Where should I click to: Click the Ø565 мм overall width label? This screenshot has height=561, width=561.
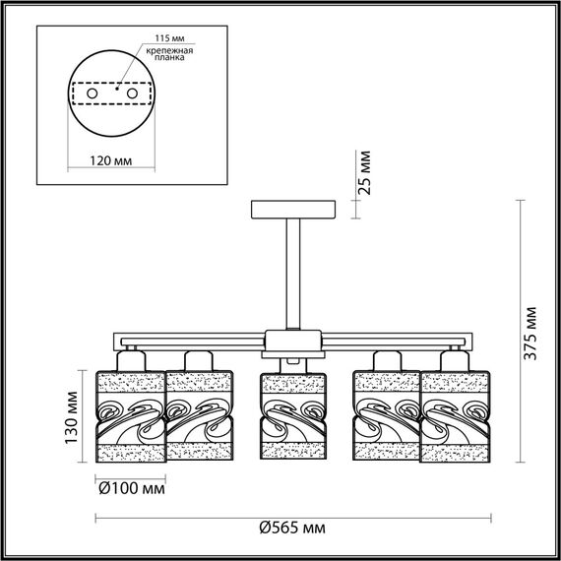click(x=292, y=528)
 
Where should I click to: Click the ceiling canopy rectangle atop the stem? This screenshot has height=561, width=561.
click(x=292, y=210)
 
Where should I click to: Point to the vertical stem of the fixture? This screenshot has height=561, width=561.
click(x=292, y=276)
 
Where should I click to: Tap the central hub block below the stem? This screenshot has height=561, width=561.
click(x=292, y=342)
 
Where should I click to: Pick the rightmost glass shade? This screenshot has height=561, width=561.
click(x=458, y=416)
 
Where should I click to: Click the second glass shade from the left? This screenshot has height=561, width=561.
click(x=199, y=416)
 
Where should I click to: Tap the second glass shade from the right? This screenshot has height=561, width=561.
click(x=388, y=416)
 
